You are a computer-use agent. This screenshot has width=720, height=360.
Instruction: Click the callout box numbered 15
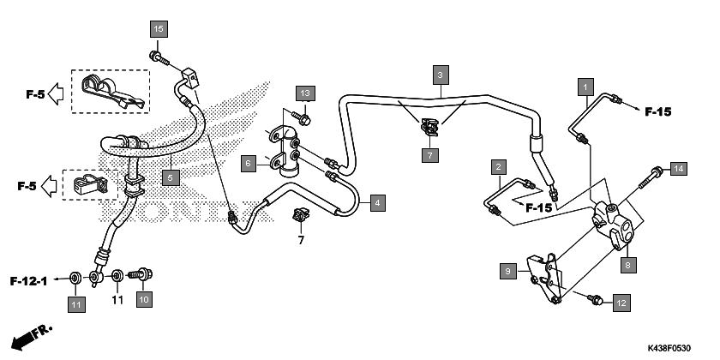click(x=159, y=29)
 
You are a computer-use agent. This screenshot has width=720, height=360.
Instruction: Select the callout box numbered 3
click(x=440, y=75)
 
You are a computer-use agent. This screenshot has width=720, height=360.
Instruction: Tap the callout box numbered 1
click(x=585, y=87)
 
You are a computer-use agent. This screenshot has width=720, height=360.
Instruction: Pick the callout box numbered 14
click(x=678, y=169)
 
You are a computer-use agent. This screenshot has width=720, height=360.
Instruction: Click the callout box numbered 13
click(x=305, y=93)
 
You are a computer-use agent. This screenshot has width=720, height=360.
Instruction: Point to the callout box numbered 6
click(x=249, y=164)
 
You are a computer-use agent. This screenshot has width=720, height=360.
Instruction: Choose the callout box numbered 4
click(x=377, y=202)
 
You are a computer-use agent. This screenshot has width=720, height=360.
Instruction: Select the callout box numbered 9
click(x=507, y=271)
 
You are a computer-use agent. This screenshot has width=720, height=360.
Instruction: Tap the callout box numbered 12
click(x=621, y=303)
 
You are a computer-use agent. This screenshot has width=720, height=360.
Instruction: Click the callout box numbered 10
click(x=144, y=299)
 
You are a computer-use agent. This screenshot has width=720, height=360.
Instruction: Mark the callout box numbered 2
click(x=498, y=167)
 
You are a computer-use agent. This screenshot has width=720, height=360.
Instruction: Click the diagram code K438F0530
click(x=669, y=349)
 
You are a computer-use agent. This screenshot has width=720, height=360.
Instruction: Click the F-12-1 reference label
click(x=28, y=281)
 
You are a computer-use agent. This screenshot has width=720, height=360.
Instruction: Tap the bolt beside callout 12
click(x=595, y=300)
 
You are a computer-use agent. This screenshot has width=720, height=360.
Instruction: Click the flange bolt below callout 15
click(x=159, y=59)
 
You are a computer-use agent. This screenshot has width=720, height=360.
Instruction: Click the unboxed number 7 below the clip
click(x=301, y=240)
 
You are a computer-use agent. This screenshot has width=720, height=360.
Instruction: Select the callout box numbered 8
click(x=628, y=265)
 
